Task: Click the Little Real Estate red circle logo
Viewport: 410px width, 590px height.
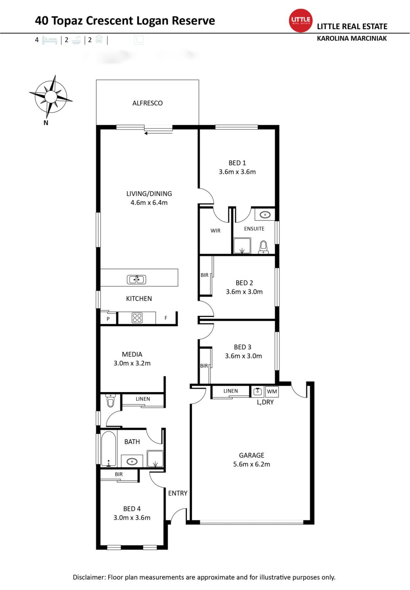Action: coord(301,20)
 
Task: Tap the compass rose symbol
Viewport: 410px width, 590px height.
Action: coord(51,97)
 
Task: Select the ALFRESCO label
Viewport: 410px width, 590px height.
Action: coord(147,103)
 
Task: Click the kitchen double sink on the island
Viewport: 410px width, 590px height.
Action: coord(137,279)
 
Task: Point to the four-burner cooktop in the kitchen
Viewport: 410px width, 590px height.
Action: coord(137,318)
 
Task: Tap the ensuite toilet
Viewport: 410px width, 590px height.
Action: coord(263,247)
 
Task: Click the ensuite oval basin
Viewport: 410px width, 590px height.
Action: coord(265,214)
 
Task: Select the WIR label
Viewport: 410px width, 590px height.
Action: coord(216,231)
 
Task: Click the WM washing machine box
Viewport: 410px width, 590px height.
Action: coord(272,392)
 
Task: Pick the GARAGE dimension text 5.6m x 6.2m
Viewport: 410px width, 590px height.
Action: coord(251,464)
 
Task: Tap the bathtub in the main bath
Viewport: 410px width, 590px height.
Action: coord(109,449)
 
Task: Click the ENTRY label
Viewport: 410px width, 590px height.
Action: coord(178,493)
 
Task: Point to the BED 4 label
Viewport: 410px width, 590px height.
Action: coord(132,509)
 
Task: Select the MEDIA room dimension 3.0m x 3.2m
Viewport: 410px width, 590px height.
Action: coord(132,363)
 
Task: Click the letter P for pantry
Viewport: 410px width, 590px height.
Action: coord(108,319)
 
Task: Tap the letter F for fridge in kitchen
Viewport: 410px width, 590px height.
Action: coord(166,318)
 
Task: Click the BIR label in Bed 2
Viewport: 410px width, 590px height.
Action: coord(205,275)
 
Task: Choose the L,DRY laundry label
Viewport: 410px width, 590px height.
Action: coord(265,402)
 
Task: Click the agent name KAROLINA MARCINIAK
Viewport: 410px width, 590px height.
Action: coord(352,38)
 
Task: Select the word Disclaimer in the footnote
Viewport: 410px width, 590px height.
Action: coord(89,577)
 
